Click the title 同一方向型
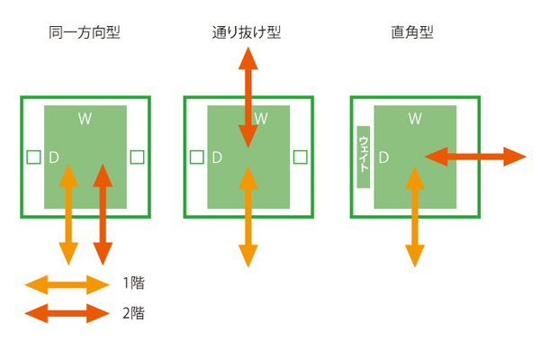tap(85, 33)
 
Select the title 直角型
tap(414, 33)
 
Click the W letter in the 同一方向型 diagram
tap(85, 118)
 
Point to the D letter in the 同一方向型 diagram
tap(54, 157)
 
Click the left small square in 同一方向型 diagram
tap(33, 157)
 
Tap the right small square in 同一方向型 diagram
tap(137, 157)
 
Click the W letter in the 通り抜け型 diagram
tap(261, 118)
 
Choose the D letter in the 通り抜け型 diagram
tap(216, 157)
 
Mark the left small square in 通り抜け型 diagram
tap(197, 157)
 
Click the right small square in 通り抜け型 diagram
tap(300, 157)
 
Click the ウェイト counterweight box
tap(364, 157)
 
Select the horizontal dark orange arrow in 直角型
tap(474, 157)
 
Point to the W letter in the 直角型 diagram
tap(415, 118)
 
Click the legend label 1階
tap(132, 284)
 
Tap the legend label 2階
tap(132, 314)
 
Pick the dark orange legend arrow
tap(67, 314)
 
